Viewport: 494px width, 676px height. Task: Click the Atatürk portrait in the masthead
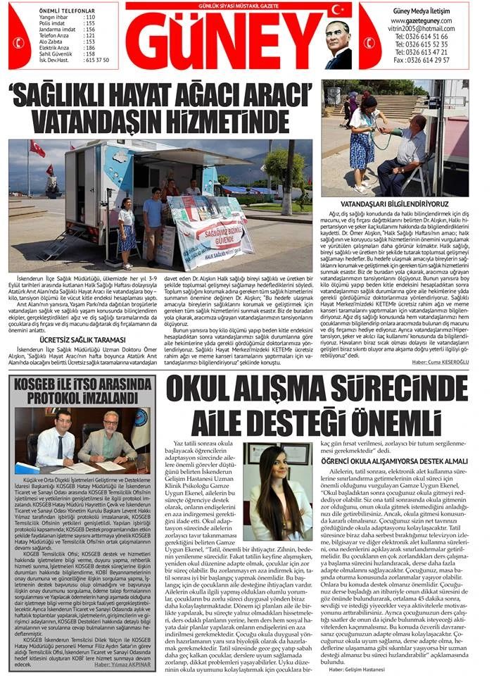click(338, 44)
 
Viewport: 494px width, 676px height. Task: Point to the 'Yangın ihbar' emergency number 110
click(89, 17)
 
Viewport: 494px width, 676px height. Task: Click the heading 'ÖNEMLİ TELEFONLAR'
click(68, 11)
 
